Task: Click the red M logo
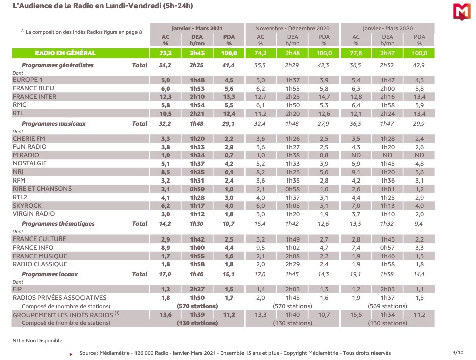pos(462,12)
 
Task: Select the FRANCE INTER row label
pos(34,97)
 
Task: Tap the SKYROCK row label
pos(27,205)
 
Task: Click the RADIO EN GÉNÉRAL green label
pos(65,53)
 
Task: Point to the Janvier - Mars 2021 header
pos(197,28)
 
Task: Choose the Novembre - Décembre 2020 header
pos(292,28)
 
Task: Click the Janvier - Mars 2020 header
pos(388,28)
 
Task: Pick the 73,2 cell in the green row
pos(165,53)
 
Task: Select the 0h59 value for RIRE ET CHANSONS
pos(197,189)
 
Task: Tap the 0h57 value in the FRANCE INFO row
pos(388,248)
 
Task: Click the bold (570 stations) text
pos(197,306)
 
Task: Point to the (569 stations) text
pos(388,306)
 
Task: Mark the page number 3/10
pos(458,353)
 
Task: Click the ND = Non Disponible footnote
pos(37,340)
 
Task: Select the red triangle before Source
pos(71,354)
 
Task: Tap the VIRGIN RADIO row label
pos(34,214)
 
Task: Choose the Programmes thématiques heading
pos(58,224)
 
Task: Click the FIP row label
pos(17,289)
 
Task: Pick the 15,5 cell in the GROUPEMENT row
pos(356,315)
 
